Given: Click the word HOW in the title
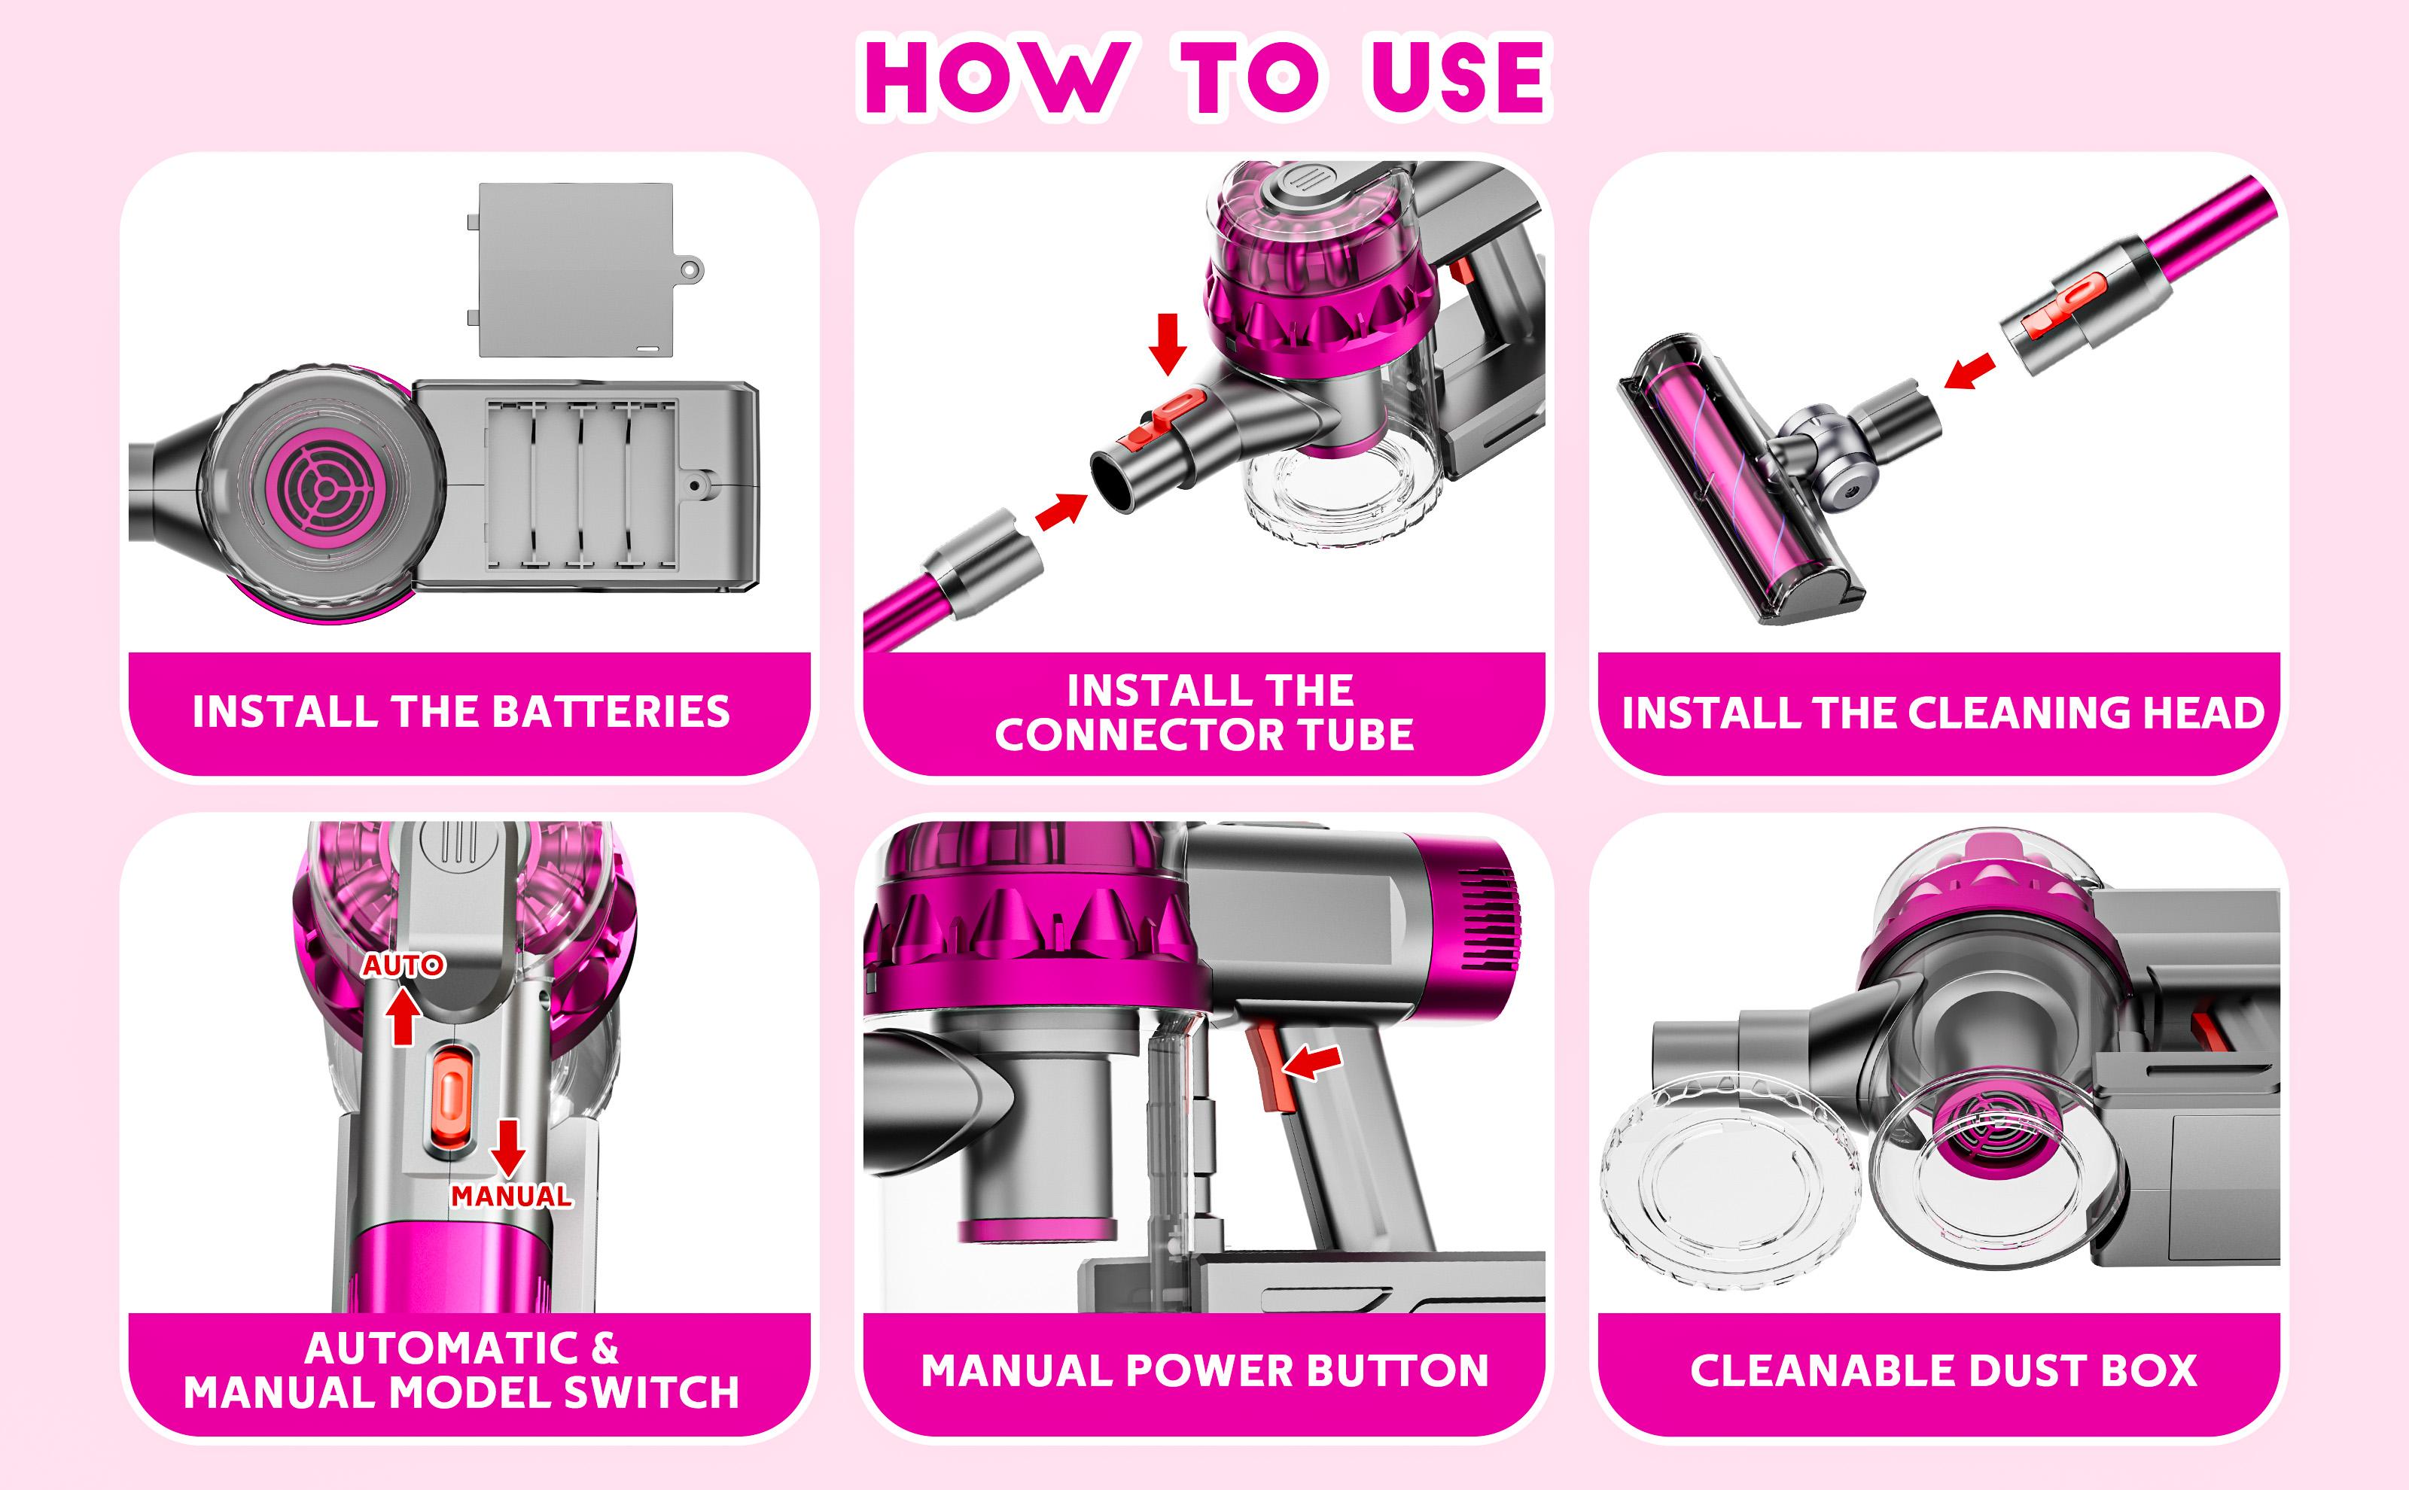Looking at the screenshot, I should (995, 77).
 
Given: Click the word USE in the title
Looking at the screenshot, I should (1457, 77).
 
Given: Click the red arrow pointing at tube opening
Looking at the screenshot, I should (1061, 510).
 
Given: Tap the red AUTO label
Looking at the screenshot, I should (404, 965).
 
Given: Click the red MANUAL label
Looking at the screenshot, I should (510, 1197).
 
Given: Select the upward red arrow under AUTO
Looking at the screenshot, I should (402, 1018).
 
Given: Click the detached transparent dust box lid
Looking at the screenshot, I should (1730, 1180).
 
